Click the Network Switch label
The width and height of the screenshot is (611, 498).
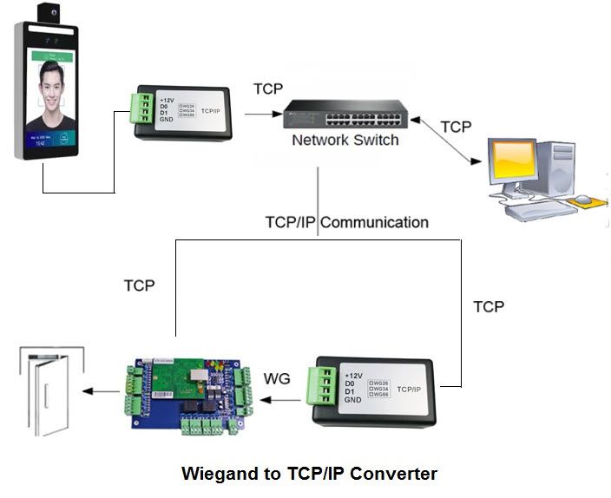coord(345,140)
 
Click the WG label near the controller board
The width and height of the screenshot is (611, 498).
coord(278,379)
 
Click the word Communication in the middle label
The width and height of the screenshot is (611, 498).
coord(375,222)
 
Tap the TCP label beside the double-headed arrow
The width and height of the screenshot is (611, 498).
coord(456,127)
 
